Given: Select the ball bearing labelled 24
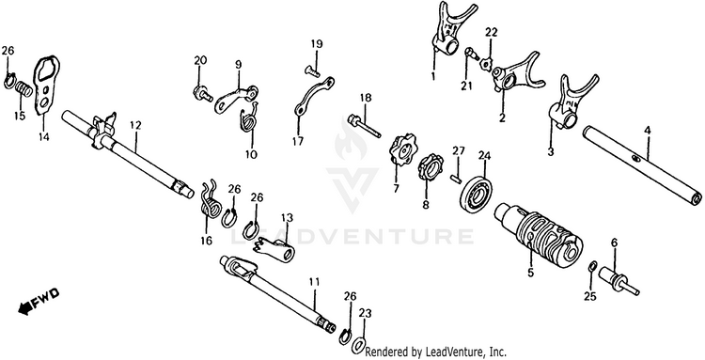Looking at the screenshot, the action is (477, 194).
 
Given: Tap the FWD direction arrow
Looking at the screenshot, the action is (39, 301).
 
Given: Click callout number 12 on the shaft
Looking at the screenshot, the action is (135, 125).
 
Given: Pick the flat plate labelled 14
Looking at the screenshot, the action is (46, 86).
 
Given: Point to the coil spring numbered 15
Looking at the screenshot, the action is (23, 88).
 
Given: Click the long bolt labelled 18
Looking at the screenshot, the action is (364, 126).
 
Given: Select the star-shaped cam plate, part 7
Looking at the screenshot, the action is (402, 149).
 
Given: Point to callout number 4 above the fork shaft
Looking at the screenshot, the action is (647, 131).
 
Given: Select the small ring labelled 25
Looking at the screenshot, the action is (592, 267).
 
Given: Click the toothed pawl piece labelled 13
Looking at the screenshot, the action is (274, 249).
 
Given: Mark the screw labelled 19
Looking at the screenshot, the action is (312, 70).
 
